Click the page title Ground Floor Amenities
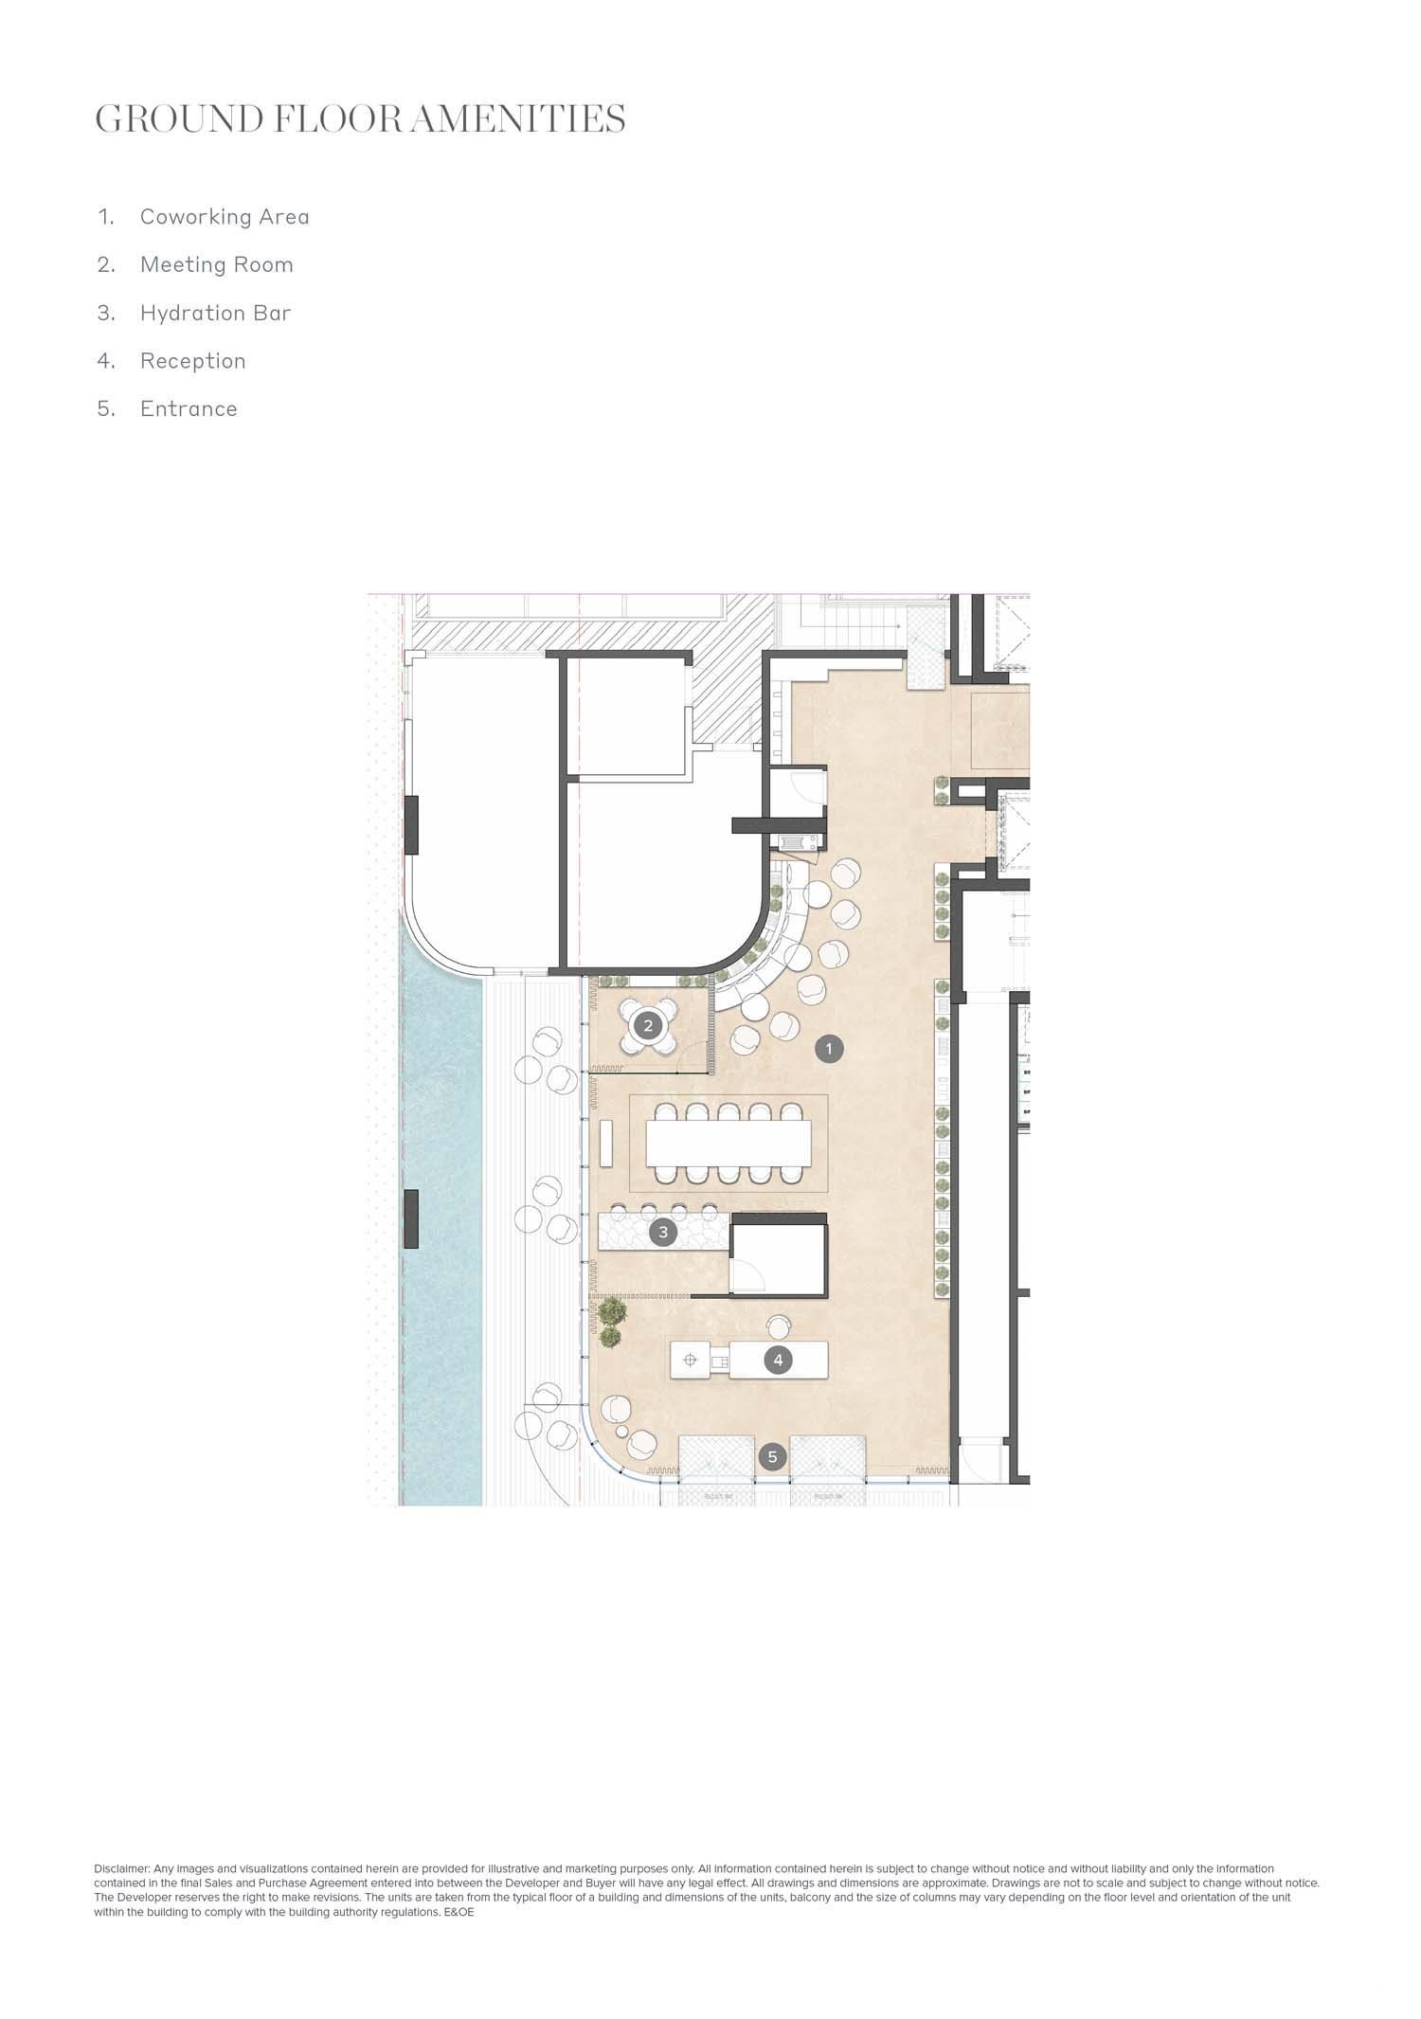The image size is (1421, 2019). coord(360,119)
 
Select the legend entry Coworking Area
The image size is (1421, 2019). coord(225,217)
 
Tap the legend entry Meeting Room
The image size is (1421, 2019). coord(217,264)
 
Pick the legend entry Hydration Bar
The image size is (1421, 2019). coord(216,313)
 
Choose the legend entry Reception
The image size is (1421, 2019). coord(193,361)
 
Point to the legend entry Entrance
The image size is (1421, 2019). coord(189,409)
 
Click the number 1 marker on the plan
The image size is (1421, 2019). coord(829,1049)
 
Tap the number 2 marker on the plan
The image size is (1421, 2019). coord(648,1025)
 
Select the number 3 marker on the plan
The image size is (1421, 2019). coord(663,1233)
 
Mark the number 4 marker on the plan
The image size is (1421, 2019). coord(778,1361)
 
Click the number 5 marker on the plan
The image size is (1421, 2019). coord(772,1457)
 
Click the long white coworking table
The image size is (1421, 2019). coord(728,1144)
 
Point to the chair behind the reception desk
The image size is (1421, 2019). coord(780,1327)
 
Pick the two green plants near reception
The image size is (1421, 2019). coord(611,1323)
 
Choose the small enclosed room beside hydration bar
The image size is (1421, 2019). coord(777,1256)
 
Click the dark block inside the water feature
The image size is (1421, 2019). coord(411,1219)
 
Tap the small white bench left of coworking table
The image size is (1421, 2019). coord(606,1145)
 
